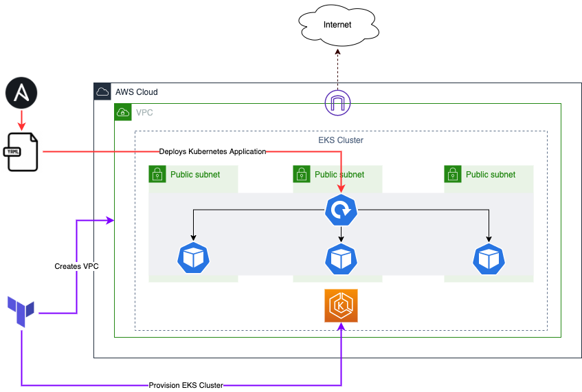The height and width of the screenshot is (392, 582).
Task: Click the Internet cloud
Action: (337, 25)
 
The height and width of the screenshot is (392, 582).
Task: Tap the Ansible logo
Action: (21, 94)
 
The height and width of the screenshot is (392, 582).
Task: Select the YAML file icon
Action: (21, 151)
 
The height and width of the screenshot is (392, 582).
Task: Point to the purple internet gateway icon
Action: (338, 103)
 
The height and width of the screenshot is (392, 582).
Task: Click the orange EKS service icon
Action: (342, 306)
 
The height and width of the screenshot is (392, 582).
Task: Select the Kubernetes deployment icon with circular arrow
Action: (342, 210)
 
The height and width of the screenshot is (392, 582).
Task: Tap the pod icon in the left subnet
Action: (193, 258)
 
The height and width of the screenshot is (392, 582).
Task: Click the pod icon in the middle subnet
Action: (342, 258)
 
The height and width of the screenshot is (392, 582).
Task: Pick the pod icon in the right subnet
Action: (489, 258)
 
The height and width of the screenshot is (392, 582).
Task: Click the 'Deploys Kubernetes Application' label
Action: (212, 151)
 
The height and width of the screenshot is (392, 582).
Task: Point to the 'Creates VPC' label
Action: (76, 266)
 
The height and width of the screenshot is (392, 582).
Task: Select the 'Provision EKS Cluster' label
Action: (186, 385)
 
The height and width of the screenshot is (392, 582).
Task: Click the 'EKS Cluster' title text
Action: (341, 140)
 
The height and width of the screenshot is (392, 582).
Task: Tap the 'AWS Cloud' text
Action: (136, 92)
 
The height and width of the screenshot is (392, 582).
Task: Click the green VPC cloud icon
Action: (123, 112)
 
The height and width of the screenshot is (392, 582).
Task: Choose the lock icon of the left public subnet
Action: (157, 174)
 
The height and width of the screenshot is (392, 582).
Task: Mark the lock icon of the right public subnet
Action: (453, 174)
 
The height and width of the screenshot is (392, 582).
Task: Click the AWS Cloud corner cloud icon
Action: (102, 91)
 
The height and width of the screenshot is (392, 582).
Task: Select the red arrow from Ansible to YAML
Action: (21, 120)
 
